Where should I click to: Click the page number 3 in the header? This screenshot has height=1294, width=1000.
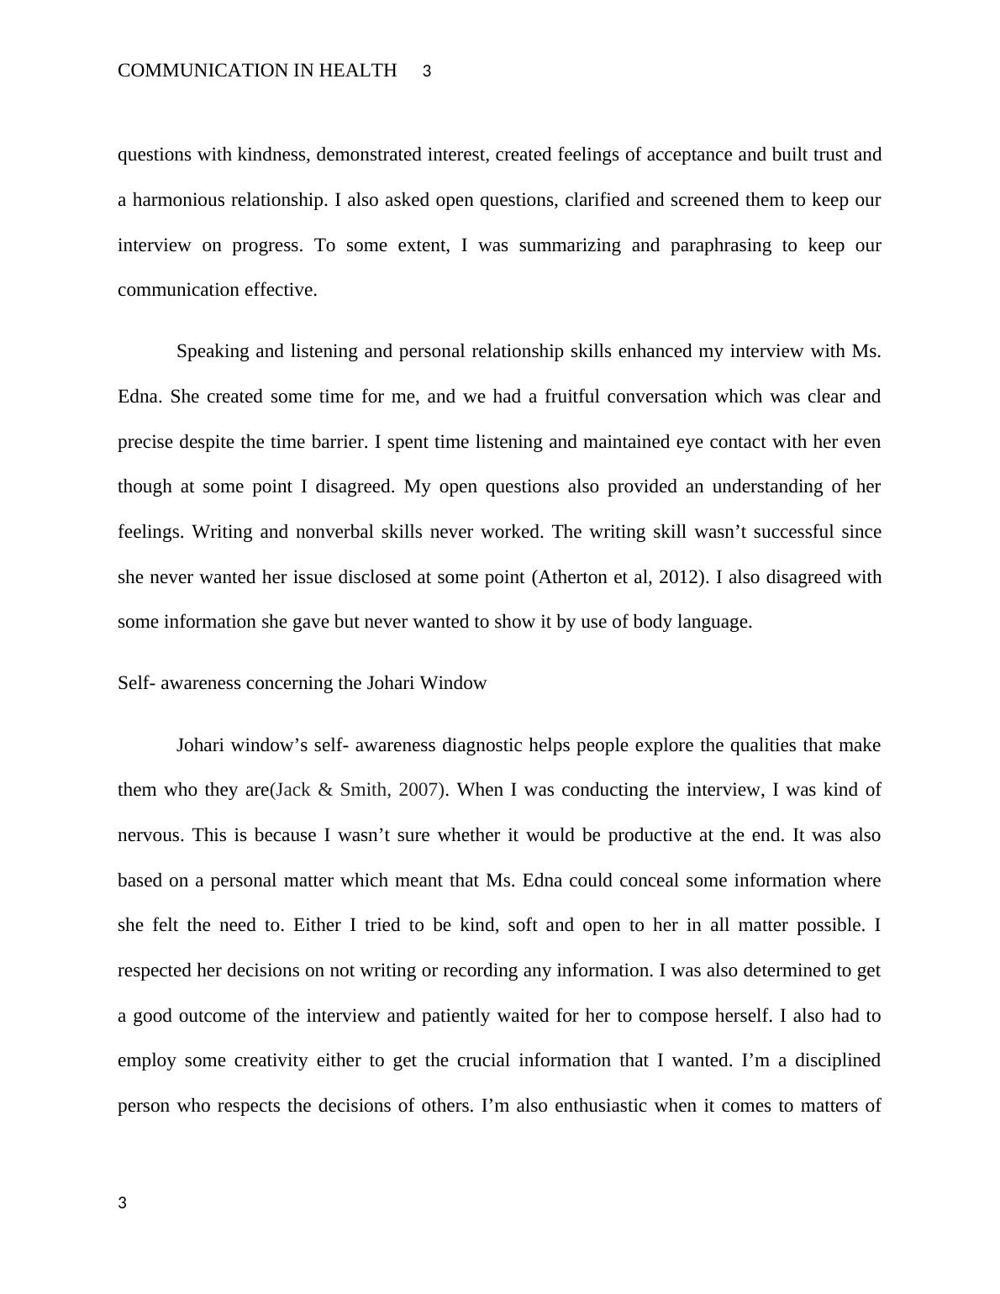[427, 72]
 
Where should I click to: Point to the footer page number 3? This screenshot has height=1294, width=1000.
[123, 1203]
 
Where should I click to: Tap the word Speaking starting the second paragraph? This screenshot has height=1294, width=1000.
[213, 351]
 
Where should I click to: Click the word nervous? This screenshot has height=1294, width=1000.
[150, 835]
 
